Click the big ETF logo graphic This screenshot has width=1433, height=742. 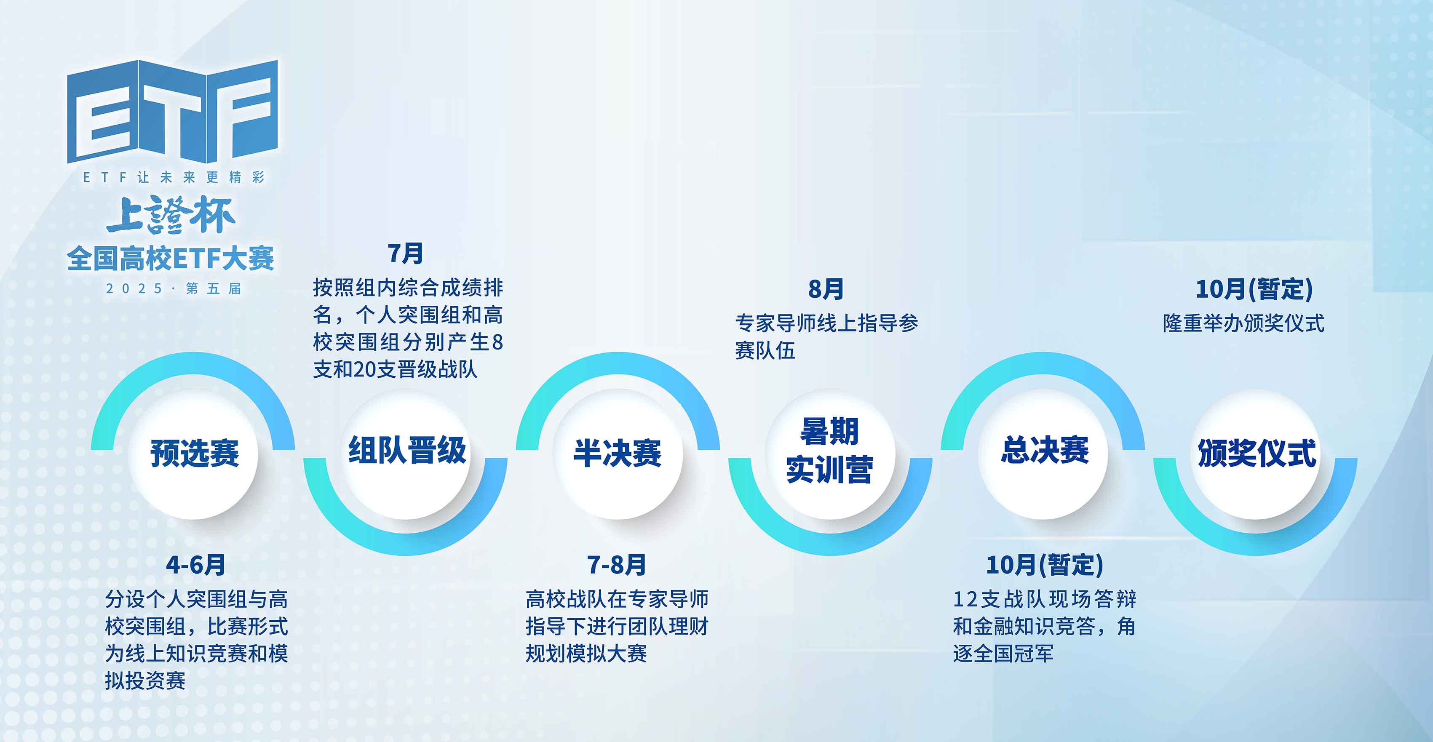[x=172, y=111]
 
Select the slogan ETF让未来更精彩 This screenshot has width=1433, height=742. [x=174, y=177]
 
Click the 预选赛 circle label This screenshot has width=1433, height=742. [x=195, y=453]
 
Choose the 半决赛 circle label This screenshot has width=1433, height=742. [x=618, y=453]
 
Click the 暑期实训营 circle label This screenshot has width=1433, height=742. [x=829, y=451]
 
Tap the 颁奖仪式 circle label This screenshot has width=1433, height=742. [x=1257, y=453]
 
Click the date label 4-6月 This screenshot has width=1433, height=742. [x=196, y=565]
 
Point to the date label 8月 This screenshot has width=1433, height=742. [x=826, y=289]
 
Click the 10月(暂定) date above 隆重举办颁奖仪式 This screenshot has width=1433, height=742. [x=1254, y=289]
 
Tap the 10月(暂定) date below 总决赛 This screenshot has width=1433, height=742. [x=1045, y=565]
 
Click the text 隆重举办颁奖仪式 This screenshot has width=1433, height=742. [x=1244, y=323]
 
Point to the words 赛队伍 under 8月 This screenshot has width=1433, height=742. [x=765, y=350]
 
